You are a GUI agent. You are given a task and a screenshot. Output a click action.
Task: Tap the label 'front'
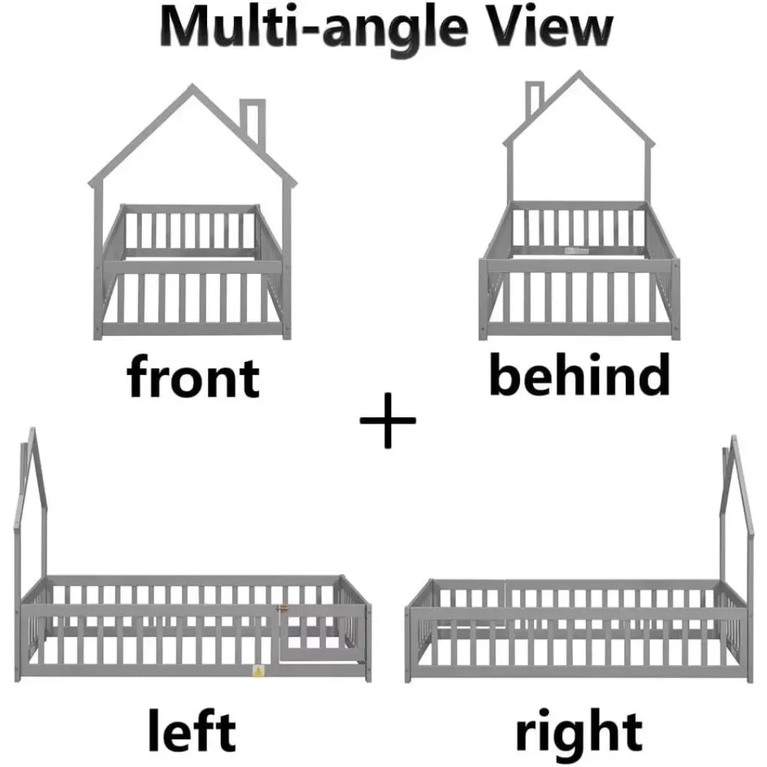click(x=193, y=377)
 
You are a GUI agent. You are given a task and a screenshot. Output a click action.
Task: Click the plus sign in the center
click(x=387, y=420)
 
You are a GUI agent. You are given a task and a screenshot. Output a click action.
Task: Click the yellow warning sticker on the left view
click(x=257, y=672)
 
